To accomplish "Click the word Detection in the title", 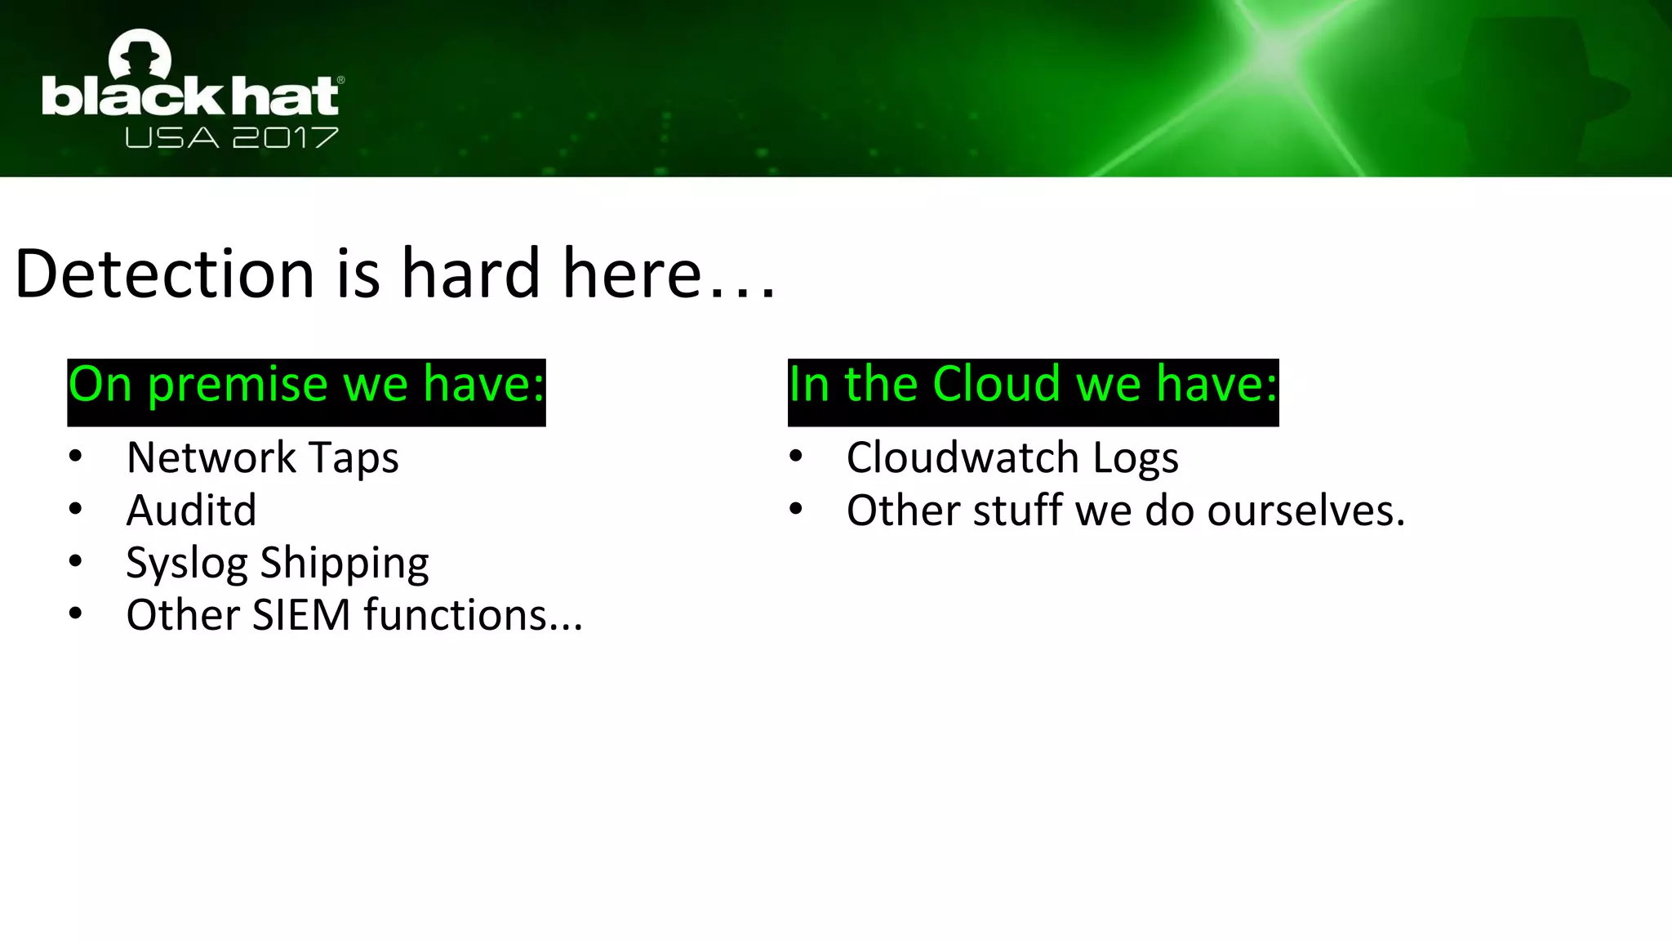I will pyautogui.click(x=164, y=274).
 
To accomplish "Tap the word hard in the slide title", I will pyautogui.click(x=470, y=274).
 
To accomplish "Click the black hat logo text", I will pyautogui.click(x=191, y=97).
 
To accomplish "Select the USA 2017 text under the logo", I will pyautogui.click(x=232, y=137).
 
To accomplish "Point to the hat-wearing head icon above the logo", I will pyautogui.click(x=140, y=56).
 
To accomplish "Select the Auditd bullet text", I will pyautogui.click(x=191, y=511).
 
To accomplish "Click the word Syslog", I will pyautogui.click(x=186, y=564).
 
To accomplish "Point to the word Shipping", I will pyautogui.click(x=344, y=564).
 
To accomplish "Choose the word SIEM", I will pyautogui.click(x=301, y=615).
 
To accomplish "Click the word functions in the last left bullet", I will pyautogui.click(x=473, y=615).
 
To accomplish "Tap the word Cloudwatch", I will pyautogui.click(x=963, y=457).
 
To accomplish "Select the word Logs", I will pyautogui.click(x=1136, y=457).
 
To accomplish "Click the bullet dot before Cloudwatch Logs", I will pyautogui.click(x=796, y=456).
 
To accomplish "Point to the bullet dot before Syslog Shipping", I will pyautogui.click(x=76, y=561).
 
